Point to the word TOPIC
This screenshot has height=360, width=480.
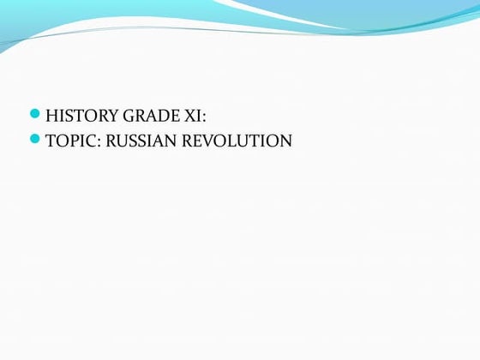(x=68, y=140)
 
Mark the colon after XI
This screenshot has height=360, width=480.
(x=203, y=115)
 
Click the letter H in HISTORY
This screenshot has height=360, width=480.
(x=51, y=114)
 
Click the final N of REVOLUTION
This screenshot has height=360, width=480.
(x=285, y=140)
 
